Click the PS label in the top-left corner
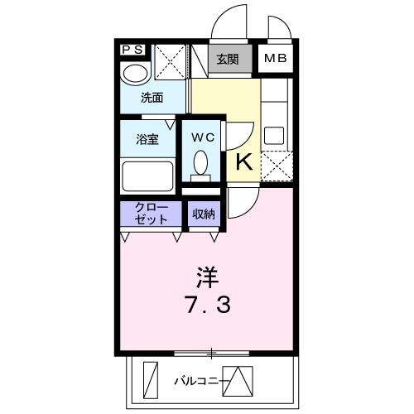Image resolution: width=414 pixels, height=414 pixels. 132,50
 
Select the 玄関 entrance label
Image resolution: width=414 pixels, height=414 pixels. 228,59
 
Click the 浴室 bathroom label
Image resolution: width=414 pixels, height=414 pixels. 148,139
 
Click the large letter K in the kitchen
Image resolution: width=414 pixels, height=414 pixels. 244,161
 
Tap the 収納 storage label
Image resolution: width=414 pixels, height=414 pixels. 204,214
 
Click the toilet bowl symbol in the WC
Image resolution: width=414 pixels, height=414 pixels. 200,162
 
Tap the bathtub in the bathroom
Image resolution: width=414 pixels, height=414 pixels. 147,175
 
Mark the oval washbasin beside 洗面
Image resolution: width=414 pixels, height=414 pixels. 132,75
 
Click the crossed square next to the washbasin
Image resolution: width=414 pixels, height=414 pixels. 171,60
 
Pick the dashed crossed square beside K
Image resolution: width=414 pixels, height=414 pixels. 276,166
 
